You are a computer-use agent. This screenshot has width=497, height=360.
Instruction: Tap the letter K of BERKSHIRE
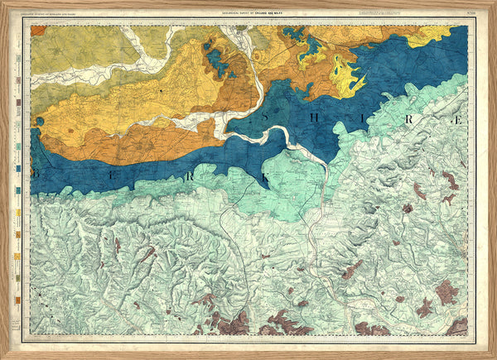(267, 177)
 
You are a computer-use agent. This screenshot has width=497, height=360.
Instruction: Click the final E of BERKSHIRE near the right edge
(457, 120)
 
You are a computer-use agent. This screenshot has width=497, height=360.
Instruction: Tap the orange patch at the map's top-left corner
(38, 31)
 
